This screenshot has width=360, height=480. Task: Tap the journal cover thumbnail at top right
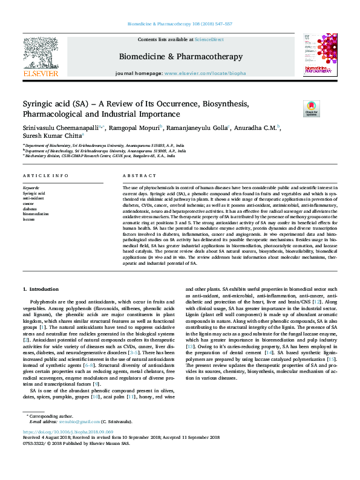(319, 55)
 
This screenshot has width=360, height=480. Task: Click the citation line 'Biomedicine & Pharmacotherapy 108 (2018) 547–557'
(180, 24)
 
